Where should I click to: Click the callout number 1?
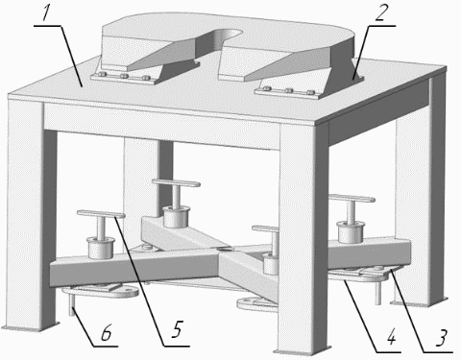(47, 14)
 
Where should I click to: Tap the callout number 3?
(441, 338)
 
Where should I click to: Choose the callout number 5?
(176, 329)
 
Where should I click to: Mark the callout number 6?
(106, 332)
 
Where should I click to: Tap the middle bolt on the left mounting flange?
(125, 77)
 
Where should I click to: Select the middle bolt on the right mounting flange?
(289, 90)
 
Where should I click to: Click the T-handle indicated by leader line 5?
(101, 214)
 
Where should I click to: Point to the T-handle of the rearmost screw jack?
(176, 183)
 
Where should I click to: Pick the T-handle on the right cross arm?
(352, 198)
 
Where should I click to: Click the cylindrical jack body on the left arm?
(102, 248)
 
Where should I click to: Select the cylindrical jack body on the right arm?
(351, 231)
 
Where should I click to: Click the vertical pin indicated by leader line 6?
(73, 304)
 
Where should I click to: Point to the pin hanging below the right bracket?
(378, 291)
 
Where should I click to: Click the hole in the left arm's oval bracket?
(129, 290)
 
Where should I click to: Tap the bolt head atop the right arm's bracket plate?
(379, 268)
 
